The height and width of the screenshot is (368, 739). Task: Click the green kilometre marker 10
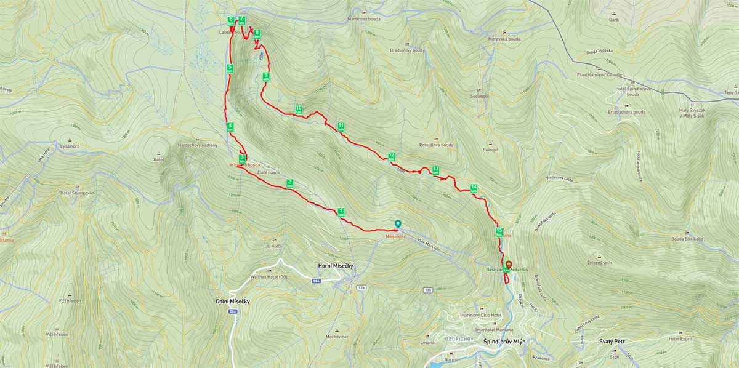299,110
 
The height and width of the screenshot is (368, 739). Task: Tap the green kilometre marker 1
341,212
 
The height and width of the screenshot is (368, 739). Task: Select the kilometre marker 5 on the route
230,68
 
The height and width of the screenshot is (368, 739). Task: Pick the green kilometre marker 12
391,156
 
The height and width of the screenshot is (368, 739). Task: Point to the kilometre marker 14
474,188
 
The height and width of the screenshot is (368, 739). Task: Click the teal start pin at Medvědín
398,225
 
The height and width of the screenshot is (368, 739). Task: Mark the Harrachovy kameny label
197,145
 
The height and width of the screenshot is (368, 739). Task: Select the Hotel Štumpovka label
78,193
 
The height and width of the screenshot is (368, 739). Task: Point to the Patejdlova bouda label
437,145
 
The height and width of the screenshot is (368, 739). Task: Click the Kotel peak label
159,159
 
